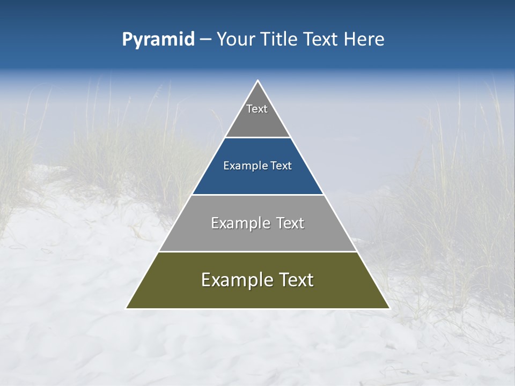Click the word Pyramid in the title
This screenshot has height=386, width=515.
pyautogui.click(x=158, y=40)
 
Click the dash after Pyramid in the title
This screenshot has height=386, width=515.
pyautogui.click(x=205, y=40)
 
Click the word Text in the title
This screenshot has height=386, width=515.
pyautogui.click(x=321, y=40)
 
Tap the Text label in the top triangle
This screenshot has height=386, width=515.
pyautogui.click(x=257, y=109)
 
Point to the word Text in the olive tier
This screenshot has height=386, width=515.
pyautogui.click(x=295, y=280)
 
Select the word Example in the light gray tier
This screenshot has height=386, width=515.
pyautogui.click(x=239, y=223)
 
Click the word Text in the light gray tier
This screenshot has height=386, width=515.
pyautogui.click(x=290, y=223)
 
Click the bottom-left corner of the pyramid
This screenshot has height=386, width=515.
pyautogui.click(x=127, y=308)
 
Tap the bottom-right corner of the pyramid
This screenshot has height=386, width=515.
pyautogui.click(x=389, y=308)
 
